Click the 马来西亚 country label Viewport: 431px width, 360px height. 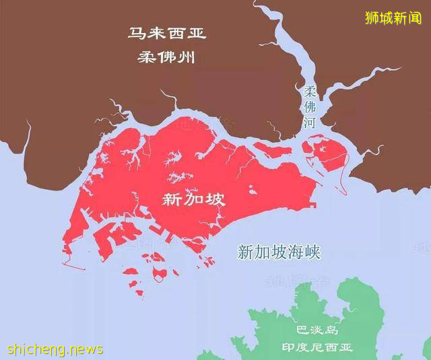tap(167, 33)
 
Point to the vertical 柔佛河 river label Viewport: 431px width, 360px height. tap(310, 107)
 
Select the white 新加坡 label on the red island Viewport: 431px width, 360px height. tap(194, 199)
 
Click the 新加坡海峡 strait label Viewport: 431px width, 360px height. tap(279, 252)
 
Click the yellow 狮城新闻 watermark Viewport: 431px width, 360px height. tap(393, 18)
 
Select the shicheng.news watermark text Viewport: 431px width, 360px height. tap(55, 349)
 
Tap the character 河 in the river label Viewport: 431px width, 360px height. tap(310, 122)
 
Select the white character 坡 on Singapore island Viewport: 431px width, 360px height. tap(215, 199)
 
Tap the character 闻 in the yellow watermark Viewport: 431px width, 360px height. tap(414, 18)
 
